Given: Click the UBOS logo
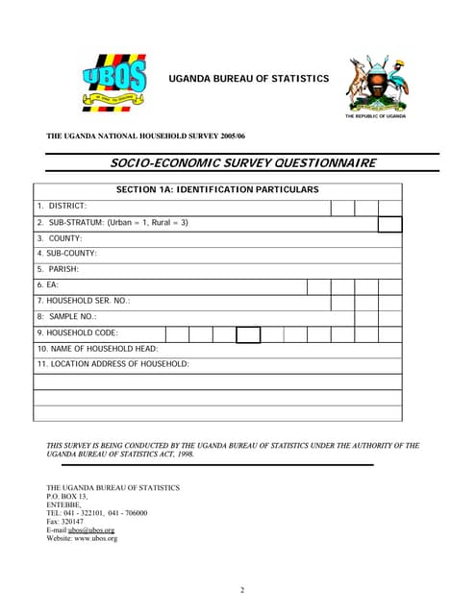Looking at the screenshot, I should pyautogui.click(x=113, y=80).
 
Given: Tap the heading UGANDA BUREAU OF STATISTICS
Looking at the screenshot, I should pyautogui.click(x=249, y=78).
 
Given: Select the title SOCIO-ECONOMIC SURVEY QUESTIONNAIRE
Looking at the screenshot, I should pyautogui.click(x=241, y=162).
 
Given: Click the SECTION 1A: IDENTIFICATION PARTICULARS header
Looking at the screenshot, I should pyautogui.click(x=217, y=190).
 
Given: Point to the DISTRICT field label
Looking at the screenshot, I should pyautogui.click(x=63, y=207).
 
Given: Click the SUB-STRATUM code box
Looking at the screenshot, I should pyautogui.click(x=389, y=223).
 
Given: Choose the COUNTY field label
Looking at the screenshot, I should pyautogui.click(x=60, y=238).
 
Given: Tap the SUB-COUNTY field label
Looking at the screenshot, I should pyautogui.click(x=67, y=254).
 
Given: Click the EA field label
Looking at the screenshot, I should pyautogui.click(x=48, y=285).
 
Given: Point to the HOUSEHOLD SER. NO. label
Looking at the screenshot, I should pyautogui.click(x=84, y=302).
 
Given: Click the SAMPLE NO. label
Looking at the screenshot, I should pyautogui.click(x=67, y=317).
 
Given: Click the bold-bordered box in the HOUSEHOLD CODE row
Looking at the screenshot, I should pyautogui.click(x=248, y=333).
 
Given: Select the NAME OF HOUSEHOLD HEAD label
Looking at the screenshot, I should pyautogui.click(x=98, y=349).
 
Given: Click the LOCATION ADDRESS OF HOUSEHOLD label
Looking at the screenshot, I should pyautogui.click(x=113, y=364).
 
